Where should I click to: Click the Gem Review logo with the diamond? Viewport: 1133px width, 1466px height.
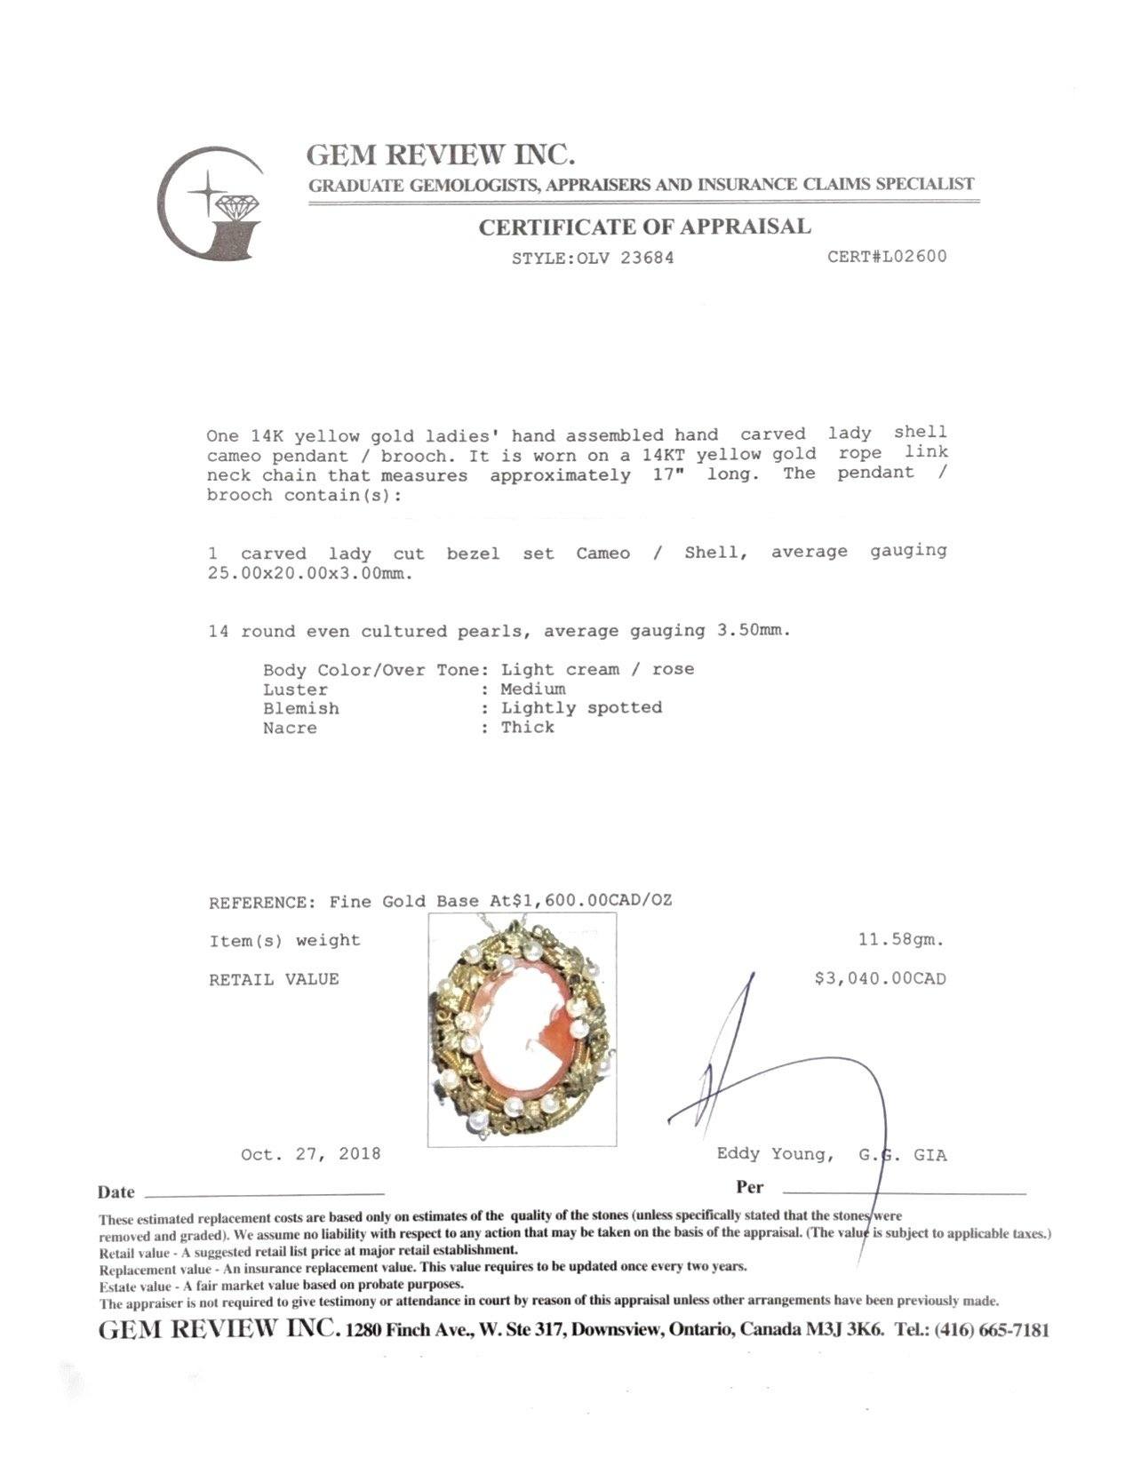(x=211, y=203)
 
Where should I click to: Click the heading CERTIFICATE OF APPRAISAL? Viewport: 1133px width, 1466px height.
(x=644, y=227)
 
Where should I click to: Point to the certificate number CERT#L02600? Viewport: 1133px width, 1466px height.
(x=886, y=257)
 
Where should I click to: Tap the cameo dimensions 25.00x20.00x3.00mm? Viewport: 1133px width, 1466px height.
(x=310, y=574)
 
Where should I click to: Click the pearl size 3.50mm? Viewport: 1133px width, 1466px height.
(x=753, y=631)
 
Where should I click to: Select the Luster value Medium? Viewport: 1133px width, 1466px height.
(x=532, y=689)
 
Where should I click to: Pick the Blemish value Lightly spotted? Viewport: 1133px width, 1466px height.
(x=581, y=708)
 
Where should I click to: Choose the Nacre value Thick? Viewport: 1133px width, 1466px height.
(x=527, y=728)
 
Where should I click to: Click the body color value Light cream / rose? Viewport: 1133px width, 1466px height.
(x=597, y=669)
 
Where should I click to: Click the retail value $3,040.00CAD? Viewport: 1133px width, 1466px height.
(x=880, y=979)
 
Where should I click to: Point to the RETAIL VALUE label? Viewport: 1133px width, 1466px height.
(x=274, y=980)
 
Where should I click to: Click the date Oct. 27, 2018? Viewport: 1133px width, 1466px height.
(x=310, y=1154)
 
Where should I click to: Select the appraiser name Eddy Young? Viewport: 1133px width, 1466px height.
(x=774, y=1154)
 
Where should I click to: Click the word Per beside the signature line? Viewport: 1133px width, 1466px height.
(x=749, y=1187)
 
